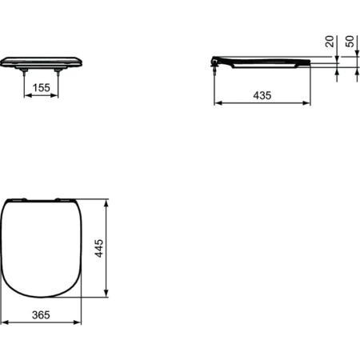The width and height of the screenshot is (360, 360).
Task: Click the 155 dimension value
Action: pos(44,89)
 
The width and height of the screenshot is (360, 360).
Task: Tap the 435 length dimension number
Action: pos(262,94)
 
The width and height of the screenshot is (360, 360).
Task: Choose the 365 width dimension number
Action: pos(42,314)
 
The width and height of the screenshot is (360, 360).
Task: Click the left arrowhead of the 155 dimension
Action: pos(27,97)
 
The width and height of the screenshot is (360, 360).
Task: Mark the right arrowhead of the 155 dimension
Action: pos(60,97)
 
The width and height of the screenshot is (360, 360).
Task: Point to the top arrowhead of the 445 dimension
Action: pos(106,200)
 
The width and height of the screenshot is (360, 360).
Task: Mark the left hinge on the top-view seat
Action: pos(25,199)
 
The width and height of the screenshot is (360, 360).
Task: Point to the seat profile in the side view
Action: pos(264,61)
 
